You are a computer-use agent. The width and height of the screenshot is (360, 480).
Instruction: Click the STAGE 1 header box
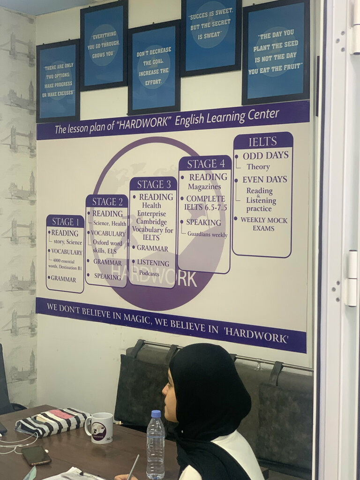[x=65, y=222]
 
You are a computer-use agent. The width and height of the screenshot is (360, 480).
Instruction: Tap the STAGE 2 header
[x=107, y=202]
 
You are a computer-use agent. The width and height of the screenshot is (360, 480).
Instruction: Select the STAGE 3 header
[x=153, y=184]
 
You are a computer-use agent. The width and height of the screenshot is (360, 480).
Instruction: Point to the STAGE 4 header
[x=205, y=164]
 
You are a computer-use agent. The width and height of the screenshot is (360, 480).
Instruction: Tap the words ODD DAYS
[x=265, y=156]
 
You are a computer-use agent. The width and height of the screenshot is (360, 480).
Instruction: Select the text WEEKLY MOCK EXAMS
[x=264, y=224]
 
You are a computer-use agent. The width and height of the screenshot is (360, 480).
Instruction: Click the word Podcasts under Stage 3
[x=149, y=273]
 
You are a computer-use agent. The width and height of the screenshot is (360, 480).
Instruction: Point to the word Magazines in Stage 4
[x=204, y=187]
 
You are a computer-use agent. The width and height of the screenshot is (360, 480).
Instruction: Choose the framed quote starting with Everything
[x=104, y=46]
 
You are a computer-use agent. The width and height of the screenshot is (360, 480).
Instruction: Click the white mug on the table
[x=100, y=427]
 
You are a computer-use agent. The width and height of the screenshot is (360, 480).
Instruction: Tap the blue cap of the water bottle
[x=156, y=414]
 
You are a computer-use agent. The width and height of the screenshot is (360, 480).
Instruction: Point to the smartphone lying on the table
[x=37, y=455]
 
